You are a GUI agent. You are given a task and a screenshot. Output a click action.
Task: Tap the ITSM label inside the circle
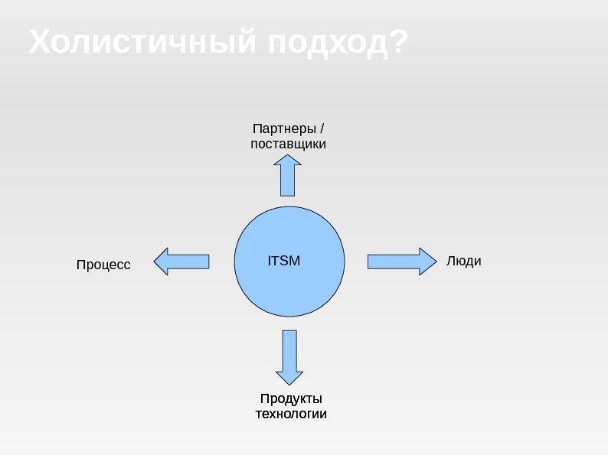coord(284,261)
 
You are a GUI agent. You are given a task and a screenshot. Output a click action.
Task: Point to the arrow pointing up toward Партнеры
coord(288,176)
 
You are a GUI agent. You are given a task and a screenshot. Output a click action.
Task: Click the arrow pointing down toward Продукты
coord(289,356)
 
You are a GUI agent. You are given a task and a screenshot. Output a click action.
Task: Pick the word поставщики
coord(289,143)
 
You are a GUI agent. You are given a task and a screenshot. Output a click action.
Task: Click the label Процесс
coord(103,265)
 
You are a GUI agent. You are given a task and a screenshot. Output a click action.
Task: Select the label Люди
coord(463,261)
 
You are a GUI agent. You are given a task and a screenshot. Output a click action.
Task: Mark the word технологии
coord(290,414)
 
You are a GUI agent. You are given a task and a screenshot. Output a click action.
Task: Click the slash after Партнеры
coord(322,127)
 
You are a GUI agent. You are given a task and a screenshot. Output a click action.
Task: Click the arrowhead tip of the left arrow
coord(155,262)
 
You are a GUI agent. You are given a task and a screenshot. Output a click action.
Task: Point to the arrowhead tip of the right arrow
coord(434,262)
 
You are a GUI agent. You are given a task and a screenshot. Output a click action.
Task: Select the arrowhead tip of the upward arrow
coord(288,156)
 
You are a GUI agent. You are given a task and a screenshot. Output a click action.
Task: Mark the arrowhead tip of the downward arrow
coord(289,384)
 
